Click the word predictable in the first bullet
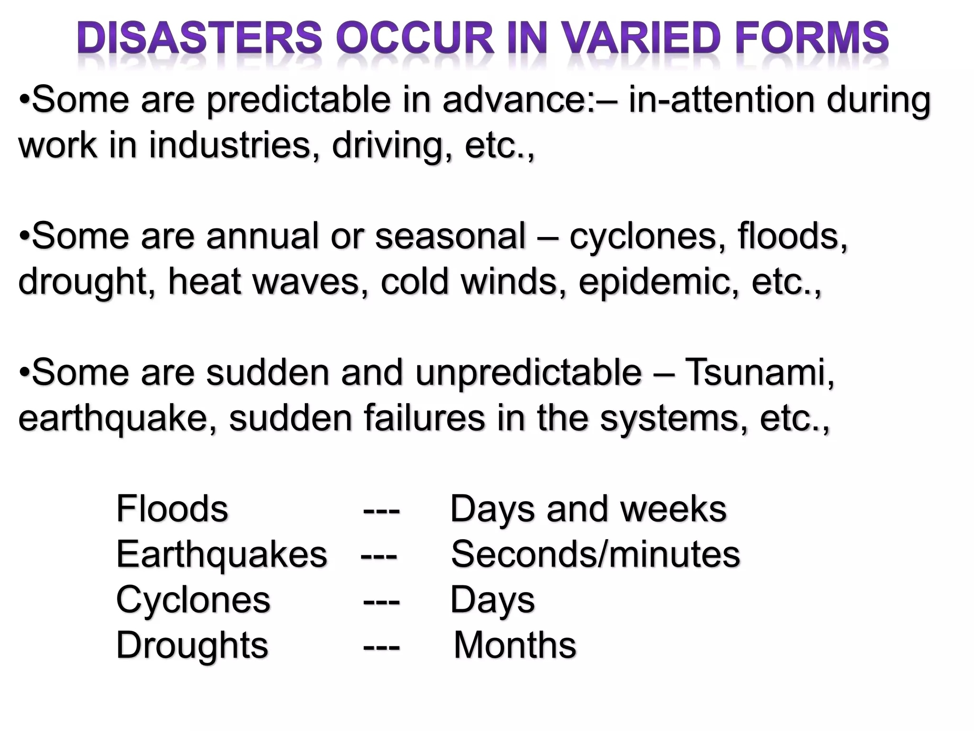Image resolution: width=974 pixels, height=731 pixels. coord(298,100)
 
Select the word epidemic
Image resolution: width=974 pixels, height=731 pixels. coord(659,282)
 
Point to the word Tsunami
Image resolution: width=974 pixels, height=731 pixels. coord(759,373)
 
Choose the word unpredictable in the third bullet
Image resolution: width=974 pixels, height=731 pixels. coord(528,373)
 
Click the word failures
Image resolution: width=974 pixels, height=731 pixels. coord(424,418)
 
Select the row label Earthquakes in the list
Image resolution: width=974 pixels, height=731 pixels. coord(222,554)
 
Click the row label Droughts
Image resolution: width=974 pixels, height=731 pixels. coord(192,645)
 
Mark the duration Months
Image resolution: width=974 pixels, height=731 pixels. coord(515,645)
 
